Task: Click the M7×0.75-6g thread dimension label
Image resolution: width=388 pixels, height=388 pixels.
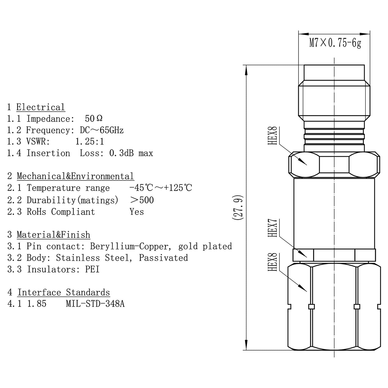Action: pyautogui.click(x=335, y=43)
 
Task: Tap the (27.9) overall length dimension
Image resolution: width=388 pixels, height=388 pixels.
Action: pyautogui.click(x=238, y=207)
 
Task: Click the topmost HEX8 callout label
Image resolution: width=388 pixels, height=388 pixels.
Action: pyautogui.click(x=273, y=136)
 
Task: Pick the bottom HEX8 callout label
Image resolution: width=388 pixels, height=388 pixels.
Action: pyautogui.click(x=273, y=262)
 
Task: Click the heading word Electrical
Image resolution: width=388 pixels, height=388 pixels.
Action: pyautogui.click(x=41, y=107)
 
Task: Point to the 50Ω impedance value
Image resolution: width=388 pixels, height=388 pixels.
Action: pyautogui.click(x=93, y=118)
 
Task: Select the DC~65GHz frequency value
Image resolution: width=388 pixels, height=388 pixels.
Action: pyautogui.click(x=102, y=130)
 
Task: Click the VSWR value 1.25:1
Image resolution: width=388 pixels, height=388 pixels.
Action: pyautogui.click(x=89, y=142)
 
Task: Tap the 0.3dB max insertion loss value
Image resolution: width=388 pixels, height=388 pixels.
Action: pyautogui.click(x=131, y=153)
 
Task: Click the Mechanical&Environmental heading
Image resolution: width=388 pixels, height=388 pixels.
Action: pyautogui.click(x=75, y=176)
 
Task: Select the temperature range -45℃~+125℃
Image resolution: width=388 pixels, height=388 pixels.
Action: pyautogui.click(x=161, y=188)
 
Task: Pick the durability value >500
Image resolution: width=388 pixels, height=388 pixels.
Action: pyautogui.click(x=142, y=200)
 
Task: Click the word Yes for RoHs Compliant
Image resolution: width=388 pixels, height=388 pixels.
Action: pyautogui.click(x=137, y=212)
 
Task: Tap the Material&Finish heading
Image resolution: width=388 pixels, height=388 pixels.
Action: pyautogui.click(x=53, y=235)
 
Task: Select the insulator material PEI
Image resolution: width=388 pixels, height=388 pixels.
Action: pyautogui.click(x=92, y=269)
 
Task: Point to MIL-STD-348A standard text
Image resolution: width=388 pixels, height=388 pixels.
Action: pyautogui.click(x=95, y=304)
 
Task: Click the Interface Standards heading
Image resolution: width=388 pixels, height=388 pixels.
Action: pyautogui.click(x=64, y=292)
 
